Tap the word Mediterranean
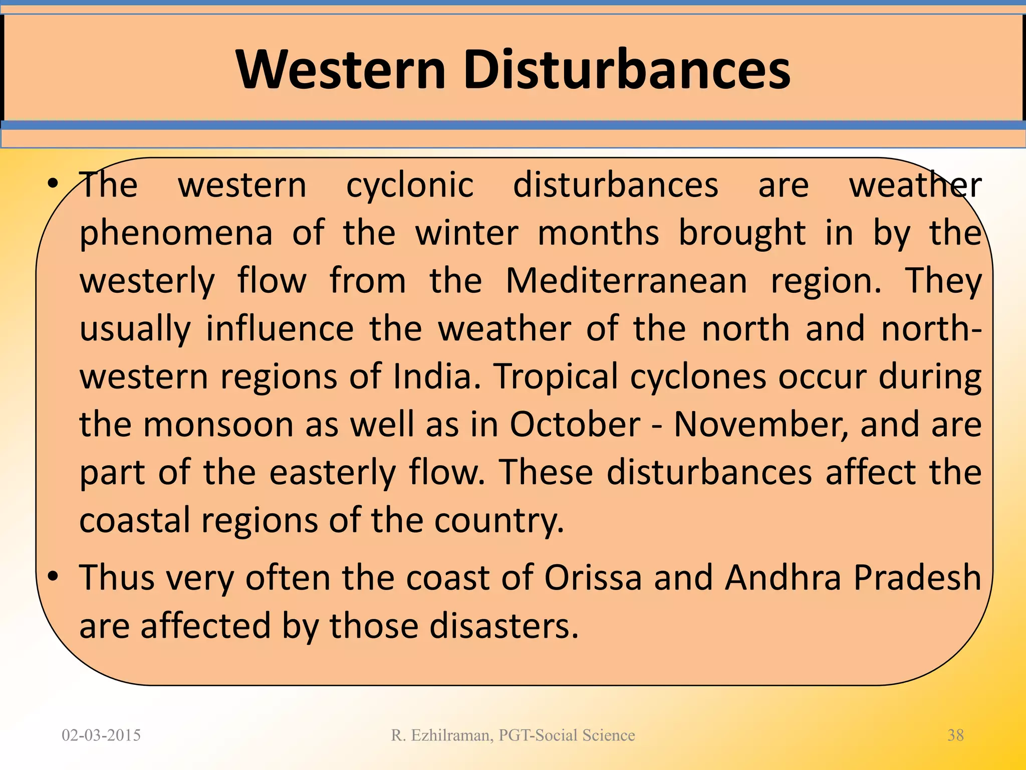pyautogui.click(x=626, y=281)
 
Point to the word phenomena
pyautogui.click(x=176, y=234)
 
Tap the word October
pyautogui.click(x=575, y=424)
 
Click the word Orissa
pyautogui.click(x=593, y=577)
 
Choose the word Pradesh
pyautogui.click(x=917, y=577)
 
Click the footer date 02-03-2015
pyautogui.click(x=101, y=735)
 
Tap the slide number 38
pyautogui.click(x=955, y=735)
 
